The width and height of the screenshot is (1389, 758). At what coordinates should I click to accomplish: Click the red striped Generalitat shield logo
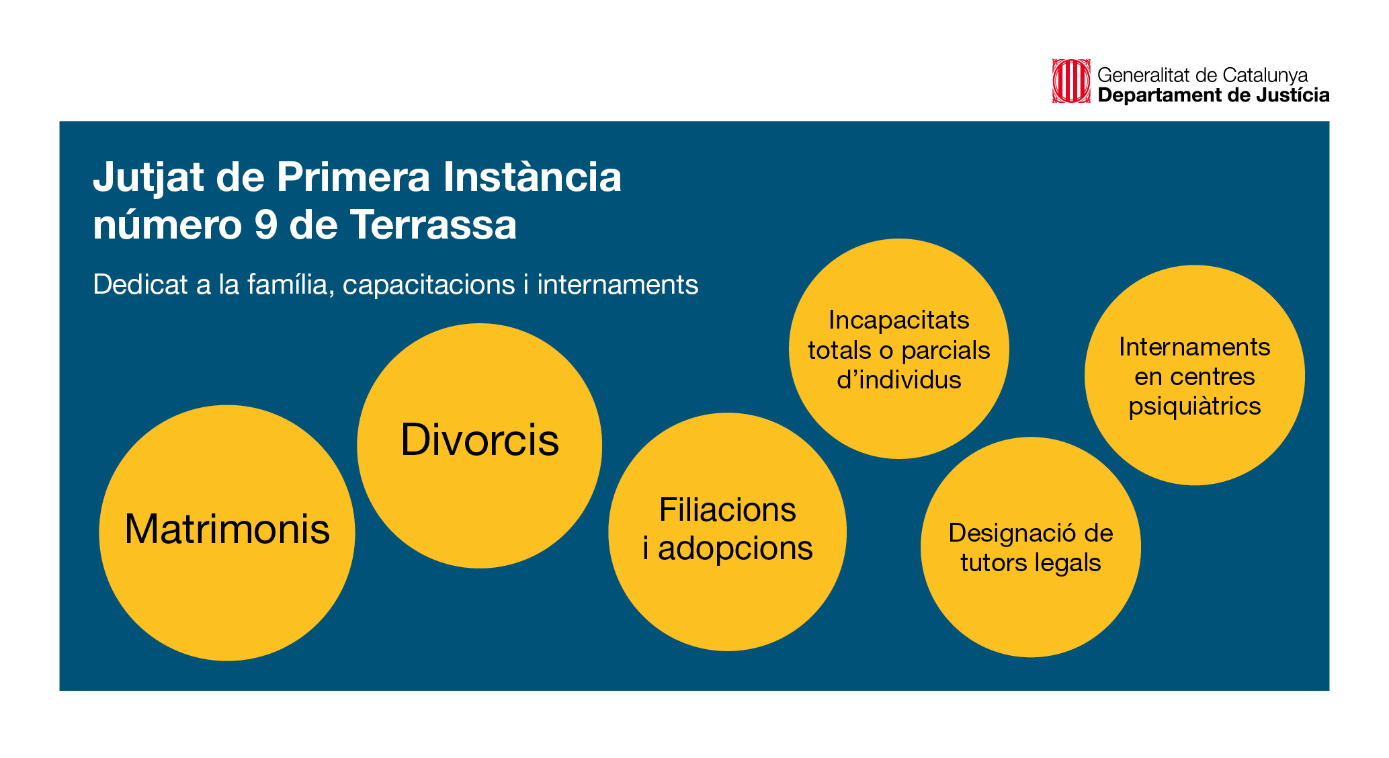coord(1071,81)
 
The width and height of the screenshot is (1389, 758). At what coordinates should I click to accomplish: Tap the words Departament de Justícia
coord(1214,95)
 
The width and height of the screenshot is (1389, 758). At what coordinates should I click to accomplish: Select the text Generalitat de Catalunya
coord(1203,75)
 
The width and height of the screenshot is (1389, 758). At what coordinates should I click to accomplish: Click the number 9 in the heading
coord(266,224)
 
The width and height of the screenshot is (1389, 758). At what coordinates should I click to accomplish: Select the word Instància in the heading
coord(532,176)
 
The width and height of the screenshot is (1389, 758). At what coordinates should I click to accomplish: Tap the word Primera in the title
coord(353,177)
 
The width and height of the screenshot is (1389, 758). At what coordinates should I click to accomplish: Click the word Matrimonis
coord(227,529)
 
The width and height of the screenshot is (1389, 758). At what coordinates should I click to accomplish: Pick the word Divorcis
coord(480,440)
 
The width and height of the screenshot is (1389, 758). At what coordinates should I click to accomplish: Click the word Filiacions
coord(728,509)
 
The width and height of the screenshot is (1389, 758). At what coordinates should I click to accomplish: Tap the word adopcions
coord(735,549)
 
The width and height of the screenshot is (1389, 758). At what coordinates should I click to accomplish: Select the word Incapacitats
coord(899,320)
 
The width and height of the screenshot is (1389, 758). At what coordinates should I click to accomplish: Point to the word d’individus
coord(899,380)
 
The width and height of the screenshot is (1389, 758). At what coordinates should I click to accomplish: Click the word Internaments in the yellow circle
coord(1195,347)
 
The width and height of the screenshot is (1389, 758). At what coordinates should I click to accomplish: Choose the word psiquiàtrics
coord(1195,407)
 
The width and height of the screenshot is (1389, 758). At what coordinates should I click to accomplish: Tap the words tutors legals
coord(1031,563)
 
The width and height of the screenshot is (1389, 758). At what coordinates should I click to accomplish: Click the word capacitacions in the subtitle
coord(429,286)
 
